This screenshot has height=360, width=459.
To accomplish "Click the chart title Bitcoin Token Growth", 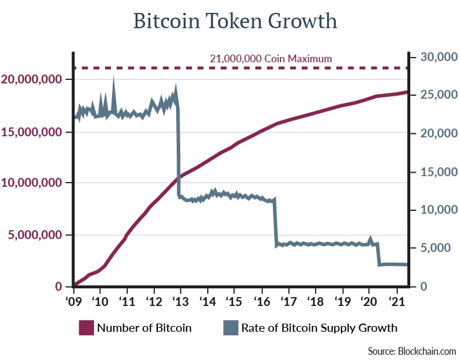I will [235, 21].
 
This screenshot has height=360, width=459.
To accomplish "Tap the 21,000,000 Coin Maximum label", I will [271, 59].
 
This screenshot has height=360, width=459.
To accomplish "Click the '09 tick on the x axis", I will [73, 300].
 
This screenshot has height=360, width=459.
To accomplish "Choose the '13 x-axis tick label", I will [180, 300].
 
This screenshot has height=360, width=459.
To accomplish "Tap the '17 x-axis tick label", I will [288, 300].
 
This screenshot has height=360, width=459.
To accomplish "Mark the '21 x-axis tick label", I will [396, 300].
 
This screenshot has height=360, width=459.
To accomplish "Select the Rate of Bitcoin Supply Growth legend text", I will [319, 328].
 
